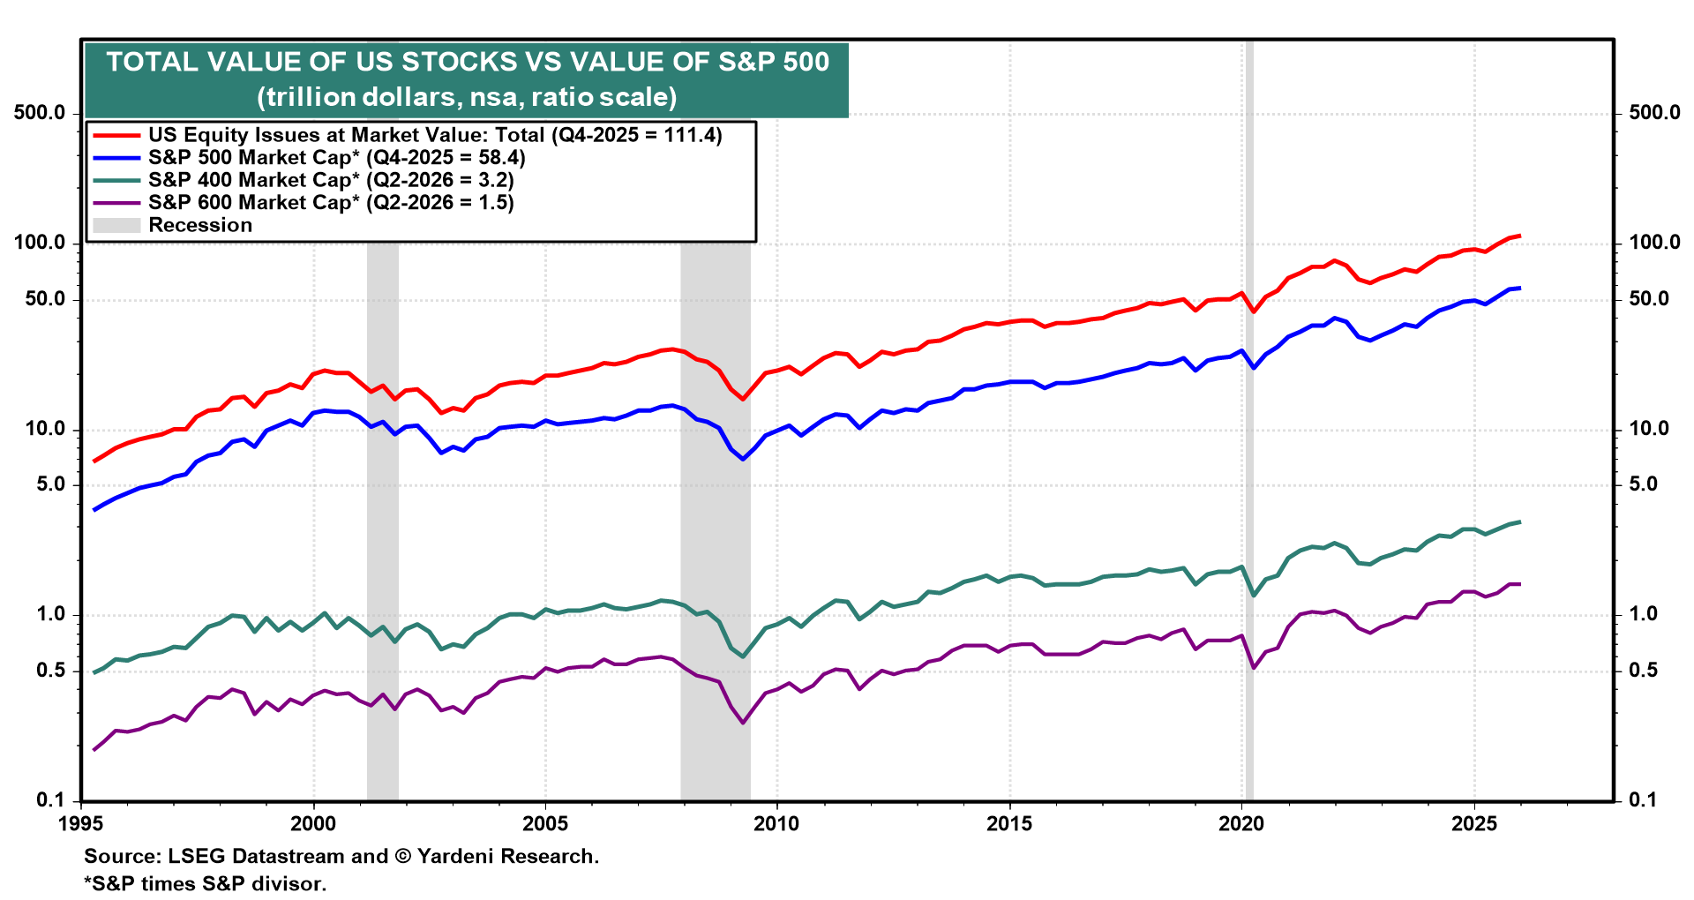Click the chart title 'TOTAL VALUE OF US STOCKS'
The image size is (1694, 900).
click(468, 62)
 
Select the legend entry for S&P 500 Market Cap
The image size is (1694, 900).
click(336, 158)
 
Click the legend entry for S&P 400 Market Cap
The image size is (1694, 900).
click(331, 180)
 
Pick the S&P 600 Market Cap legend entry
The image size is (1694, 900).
click(331, 203)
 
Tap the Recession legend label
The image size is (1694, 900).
click(200, 225)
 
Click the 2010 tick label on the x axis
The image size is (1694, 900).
click(776, 824)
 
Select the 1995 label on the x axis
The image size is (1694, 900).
click(81, 824)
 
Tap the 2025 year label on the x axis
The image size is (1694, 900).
click(1473, 824)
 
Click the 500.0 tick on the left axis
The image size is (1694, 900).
click(40, 113)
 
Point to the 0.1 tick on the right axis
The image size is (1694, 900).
click(1643, 800)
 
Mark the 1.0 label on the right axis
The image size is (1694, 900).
click(1643, 614)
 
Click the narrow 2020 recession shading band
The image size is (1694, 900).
click(1248, 529)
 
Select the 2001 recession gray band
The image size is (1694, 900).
click(383, 529)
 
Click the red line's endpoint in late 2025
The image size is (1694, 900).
click(1519, 236)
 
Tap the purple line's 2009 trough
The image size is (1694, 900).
click(743, 723)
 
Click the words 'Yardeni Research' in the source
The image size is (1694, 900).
click(507, 857)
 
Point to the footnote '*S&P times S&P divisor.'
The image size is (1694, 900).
click(206, 883)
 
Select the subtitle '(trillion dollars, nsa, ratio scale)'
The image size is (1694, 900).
click(468, 97)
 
